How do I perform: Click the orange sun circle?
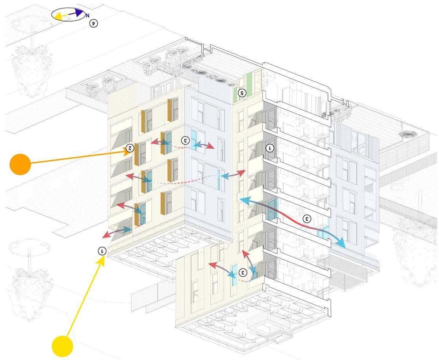(x=20, y=164)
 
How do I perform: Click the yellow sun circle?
(x=62, y=346)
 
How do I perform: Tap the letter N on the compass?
(x=87, y=15)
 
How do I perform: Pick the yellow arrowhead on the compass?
(x=58, y=16)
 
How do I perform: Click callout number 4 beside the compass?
(x=93, y=23)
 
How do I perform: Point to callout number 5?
(x=241, y=93)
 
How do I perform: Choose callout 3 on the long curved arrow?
(x=307, y=219)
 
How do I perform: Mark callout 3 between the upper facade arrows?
(x=186, y=141)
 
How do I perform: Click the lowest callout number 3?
(x=243, y=272)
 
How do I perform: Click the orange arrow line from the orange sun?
(x=77, y=158)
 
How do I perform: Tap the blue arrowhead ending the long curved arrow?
(x=340, y=243)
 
